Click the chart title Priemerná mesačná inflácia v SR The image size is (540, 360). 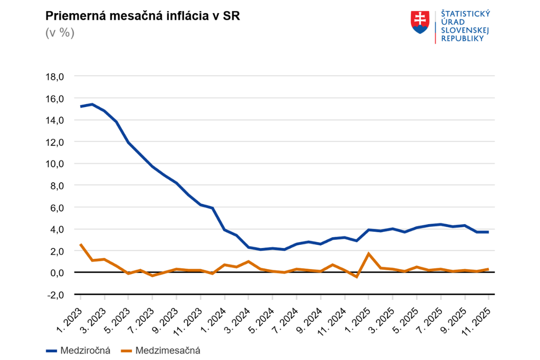click(x=143, y=17)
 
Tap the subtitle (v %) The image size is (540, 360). click(x=59, y=33)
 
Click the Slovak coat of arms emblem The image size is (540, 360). click(x=420, y=23)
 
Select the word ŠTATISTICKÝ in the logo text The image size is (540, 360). click(x=466, y=14)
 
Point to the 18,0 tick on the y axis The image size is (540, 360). click(x=55, y=76)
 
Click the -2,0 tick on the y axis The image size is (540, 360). click(x=55, y=294)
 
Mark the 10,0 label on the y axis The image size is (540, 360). click(x=55, y=164)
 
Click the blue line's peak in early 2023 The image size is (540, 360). click(x=92, y=104)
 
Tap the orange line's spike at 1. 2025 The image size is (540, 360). click(x=369, y=254)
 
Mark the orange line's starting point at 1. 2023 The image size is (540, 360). click(x=81, y=244)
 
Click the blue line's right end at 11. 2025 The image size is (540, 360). click(x=488, y=232)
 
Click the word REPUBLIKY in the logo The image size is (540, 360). click(x=463, y=38)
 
